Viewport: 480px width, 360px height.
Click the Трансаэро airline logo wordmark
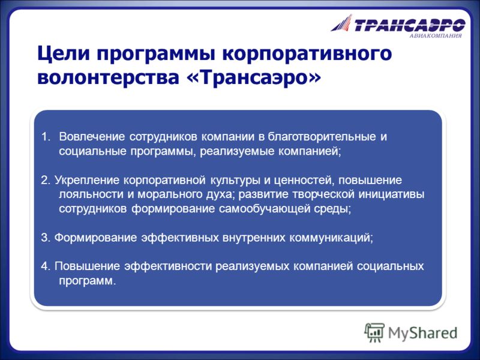point(410,25)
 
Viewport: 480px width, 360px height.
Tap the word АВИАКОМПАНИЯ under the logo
point(436,36)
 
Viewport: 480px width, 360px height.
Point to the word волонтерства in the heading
point(108,77)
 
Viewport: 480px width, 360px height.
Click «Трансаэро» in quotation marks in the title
point(254,77)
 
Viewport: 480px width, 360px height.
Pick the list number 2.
point(46,180)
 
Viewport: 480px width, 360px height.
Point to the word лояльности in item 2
point(91,194)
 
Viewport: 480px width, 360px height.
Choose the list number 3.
point(46,238)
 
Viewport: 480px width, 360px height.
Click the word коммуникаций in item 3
point(331,238)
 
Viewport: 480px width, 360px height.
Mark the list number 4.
point(46,266)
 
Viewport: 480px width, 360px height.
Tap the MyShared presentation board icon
point(374,332)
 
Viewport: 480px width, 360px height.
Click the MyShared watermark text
point(423,333)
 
